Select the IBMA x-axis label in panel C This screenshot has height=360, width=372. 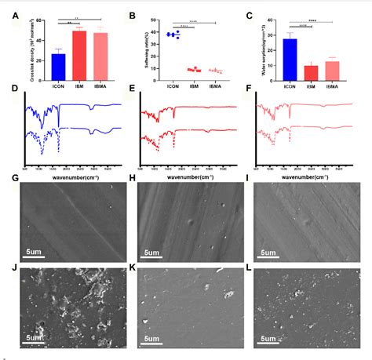tap(332, 86)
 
